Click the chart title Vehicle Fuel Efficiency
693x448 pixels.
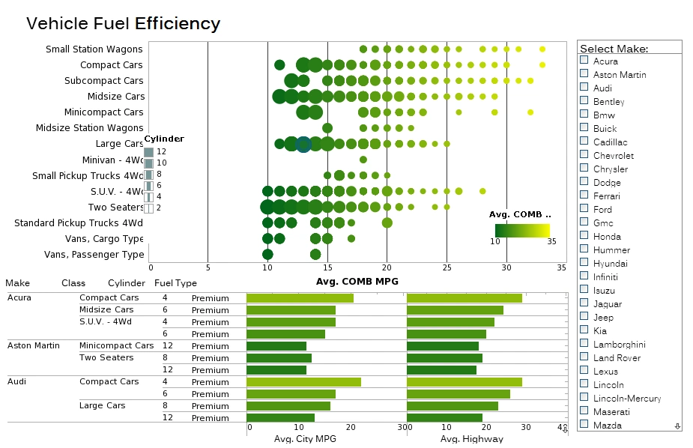coord(123,23)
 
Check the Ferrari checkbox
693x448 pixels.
coord(584,195)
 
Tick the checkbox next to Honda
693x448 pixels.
coord(584,235)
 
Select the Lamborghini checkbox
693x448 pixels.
coord(584,343)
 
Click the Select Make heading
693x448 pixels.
coord(614,49)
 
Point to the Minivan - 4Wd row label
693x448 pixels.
coord(112,160)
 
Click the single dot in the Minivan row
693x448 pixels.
coord(363,159)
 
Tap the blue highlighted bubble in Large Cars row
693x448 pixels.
coord(303,145)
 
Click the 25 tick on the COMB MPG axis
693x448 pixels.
coord(447,267)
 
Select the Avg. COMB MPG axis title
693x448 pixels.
coord(357,281)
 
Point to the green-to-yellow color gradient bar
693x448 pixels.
coord(522,230)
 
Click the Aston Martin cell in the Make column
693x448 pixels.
coord(33,345)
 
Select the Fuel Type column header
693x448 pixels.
coord(175,283)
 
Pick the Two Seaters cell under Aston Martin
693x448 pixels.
coord(106,357)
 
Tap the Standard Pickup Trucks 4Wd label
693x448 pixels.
coord(79,223)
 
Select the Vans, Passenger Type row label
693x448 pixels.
coord(94,254)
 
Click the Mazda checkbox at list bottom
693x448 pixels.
coord(584,424)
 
